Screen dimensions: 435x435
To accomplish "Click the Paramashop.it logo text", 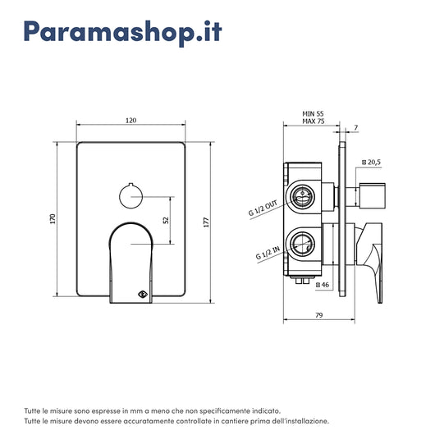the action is [x=123, y=33].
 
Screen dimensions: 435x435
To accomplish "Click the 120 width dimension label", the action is [x=131, y=121].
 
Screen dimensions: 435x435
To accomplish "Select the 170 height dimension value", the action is [x=53, y=219].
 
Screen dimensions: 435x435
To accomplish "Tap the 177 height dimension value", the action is [x=206, y=222].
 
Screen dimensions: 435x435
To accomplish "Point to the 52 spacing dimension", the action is [x=166, y=220].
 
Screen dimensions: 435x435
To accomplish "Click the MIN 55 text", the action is [x=313, y=114].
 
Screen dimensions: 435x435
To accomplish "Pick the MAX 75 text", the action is [x=314, y=121].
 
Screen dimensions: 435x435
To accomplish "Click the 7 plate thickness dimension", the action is [x=356, y=127].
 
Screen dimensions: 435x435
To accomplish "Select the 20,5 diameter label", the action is [x=372, y=163].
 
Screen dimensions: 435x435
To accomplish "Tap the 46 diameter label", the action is [x=323, y=285].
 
